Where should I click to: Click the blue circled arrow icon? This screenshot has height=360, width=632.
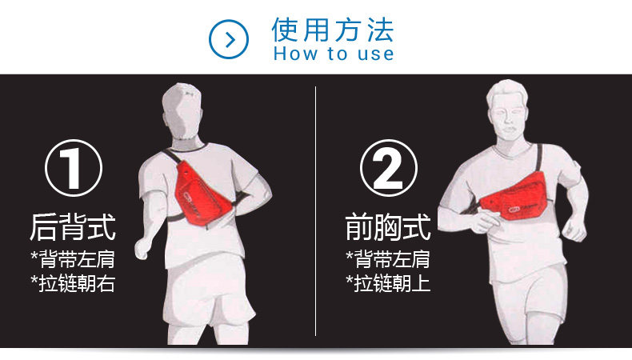tap(229, 39)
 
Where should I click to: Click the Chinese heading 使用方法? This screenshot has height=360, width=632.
tap(333, 29)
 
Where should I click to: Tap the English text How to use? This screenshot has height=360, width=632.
tap(333, 54)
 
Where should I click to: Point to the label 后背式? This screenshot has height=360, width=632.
tap(73, 226)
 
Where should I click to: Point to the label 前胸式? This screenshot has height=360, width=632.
tap(388, 226)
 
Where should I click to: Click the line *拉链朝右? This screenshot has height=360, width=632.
tap(73, 283)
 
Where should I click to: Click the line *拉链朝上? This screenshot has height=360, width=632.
tap(388, 283)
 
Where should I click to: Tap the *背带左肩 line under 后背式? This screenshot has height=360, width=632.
tap(73, 259)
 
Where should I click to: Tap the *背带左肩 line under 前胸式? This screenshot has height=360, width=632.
tap(388, 259)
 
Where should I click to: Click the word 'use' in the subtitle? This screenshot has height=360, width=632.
tap(378, 54)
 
